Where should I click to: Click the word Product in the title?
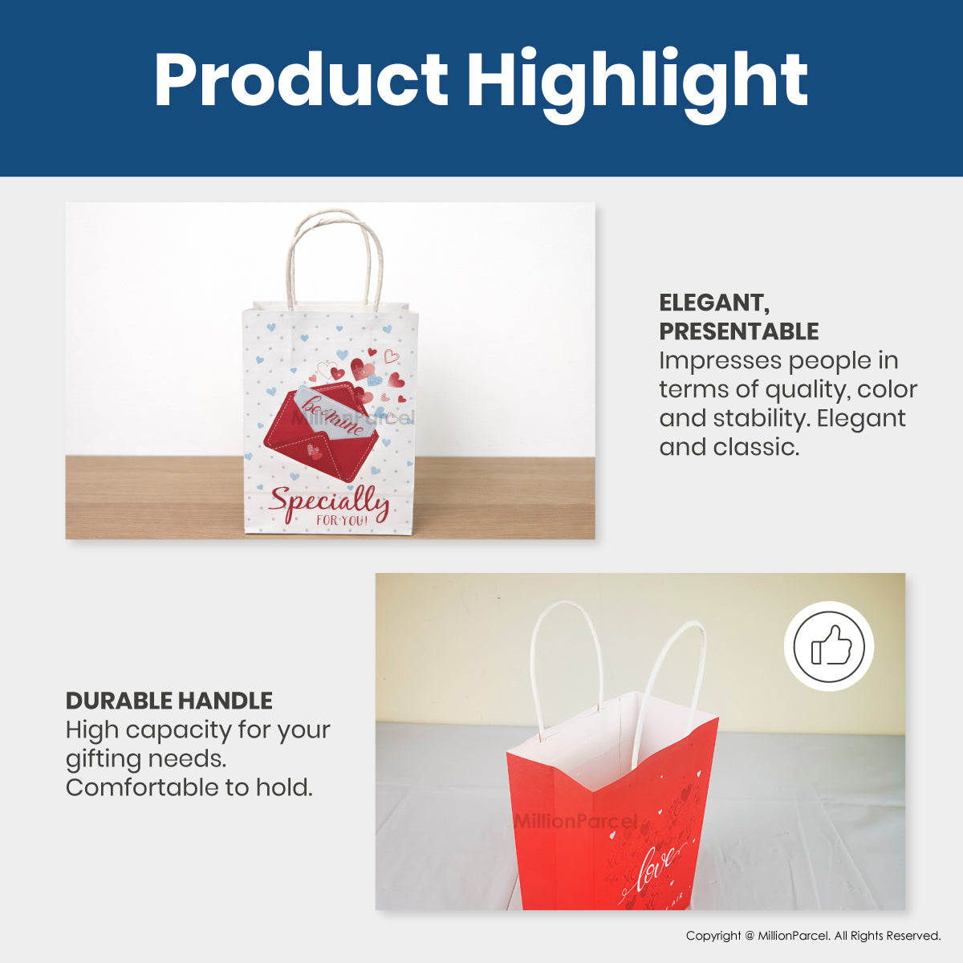(300, 80)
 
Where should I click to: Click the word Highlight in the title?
(637, 82)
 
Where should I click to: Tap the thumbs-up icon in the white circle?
(829, 646)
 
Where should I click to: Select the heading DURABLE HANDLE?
(169, 701)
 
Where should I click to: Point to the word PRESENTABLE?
(738, 331)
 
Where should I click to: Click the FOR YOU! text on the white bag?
(342, 522)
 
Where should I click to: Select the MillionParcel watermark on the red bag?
(575, 821)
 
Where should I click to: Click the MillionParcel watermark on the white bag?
(353, 418)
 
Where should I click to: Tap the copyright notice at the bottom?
(813, 936)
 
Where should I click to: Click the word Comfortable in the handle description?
(142, 787)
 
